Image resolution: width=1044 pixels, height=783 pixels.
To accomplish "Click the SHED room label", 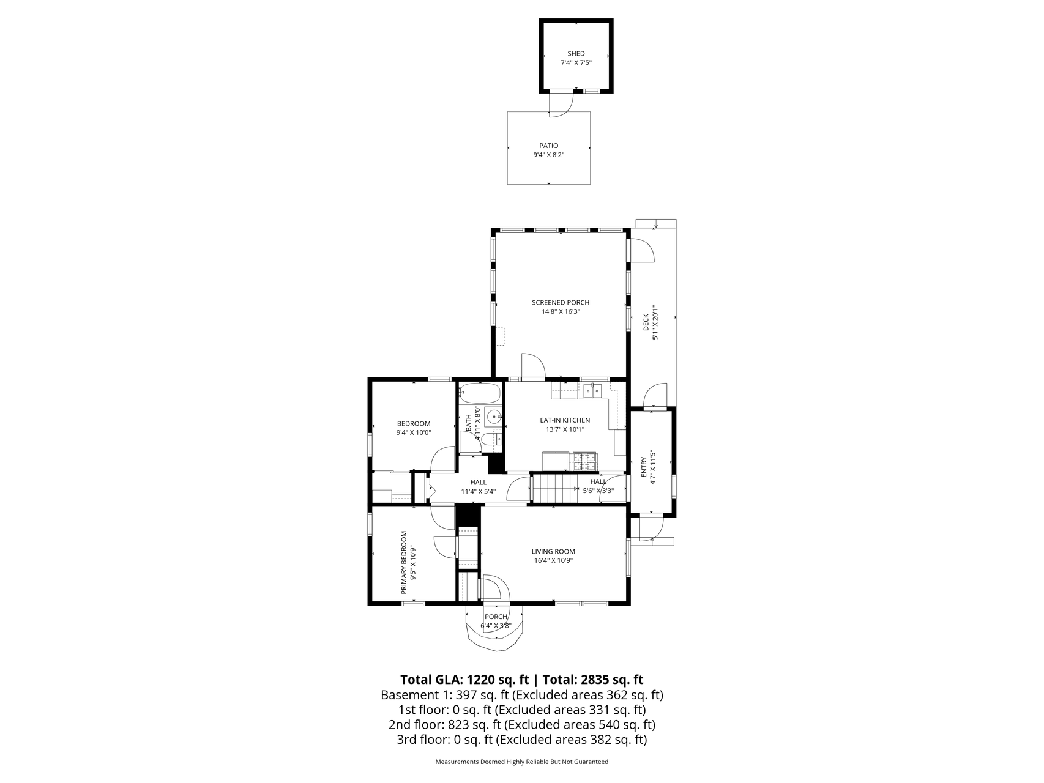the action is coord(576,54).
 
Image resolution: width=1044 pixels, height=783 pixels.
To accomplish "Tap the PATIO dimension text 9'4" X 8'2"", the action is coord(548,155).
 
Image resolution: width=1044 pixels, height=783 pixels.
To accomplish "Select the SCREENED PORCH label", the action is coord(561,302).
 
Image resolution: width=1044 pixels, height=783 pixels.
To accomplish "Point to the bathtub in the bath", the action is coord(480,391).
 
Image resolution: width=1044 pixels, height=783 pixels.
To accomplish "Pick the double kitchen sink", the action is coord(592,390).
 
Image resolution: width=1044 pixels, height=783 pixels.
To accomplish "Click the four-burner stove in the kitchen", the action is coord(584,461).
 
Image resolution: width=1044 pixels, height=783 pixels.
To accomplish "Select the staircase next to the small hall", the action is coord(554,489).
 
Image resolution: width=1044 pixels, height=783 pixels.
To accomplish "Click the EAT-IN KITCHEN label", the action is coord(565,420).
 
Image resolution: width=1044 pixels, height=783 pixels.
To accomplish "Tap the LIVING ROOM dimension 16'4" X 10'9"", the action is coord(553,560).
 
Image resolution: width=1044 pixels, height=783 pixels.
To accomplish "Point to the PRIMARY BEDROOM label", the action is coord(404,562).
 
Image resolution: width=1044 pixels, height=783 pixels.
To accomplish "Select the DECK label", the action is coord(646,322).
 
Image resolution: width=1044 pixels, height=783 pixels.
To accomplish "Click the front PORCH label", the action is coord(496,617).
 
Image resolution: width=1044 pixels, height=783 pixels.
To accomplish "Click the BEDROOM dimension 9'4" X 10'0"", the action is coord(414,432).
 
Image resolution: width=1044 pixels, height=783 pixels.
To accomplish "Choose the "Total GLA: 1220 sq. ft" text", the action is coord(464,680).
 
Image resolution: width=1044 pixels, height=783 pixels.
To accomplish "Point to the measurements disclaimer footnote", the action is coord(522,762).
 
